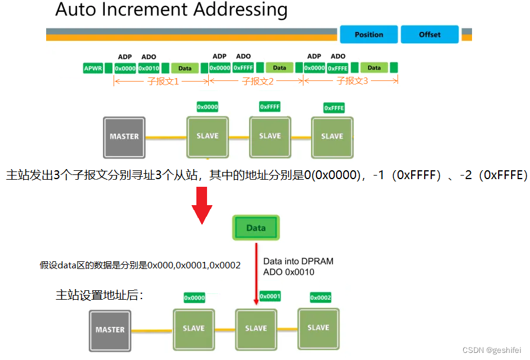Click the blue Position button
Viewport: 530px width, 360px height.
369,34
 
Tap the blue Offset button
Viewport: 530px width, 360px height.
429,34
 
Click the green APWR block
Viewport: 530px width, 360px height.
93,68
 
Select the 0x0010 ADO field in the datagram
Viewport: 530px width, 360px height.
148,68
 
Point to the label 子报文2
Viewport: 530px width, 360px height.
258,81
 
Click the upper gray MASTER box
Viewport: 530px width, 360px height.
124,137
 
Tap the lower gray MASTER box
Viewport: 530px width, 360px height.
110,330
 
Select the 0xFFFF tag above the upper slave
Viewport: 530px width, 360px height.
270,106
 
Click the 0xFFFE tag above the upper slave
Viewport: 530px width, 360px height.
334,108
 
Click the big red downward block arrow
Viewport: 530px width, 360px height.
202,205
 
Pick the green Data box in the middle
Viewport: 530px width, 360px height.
256,228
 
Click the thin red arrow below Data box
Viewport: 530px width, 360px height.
256,272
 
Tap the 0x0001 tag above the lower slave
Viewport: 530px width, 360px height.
270,296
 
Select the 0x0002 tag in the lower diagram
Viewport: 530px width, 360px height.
321,297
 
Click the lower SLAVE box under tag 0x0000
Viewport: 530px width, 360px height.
193,329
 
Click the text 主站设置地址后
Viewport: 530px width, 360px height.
99,294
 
